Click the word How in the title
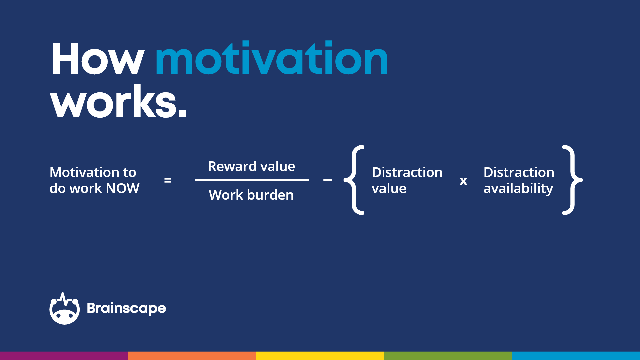point(97,59)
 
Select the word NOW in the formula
point(122,189)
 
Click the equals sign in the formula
point(168,180)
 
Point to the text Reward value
point(251,166)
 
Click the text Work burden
point(251,195)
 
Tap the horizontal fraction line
point(252,180)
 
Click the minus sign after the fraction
point(328,180)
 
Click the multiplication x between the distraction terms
point(463,181)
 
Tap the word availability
point(518,189)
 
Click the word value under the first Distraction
point(389,189)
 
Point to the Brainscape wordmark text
point(126,308)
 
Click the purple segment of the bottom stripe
point(64,356)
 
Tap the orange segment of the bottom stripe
point(192,356)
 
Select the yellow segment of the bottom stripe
point(320,356)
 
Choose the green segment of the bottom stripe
point(448,356)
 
